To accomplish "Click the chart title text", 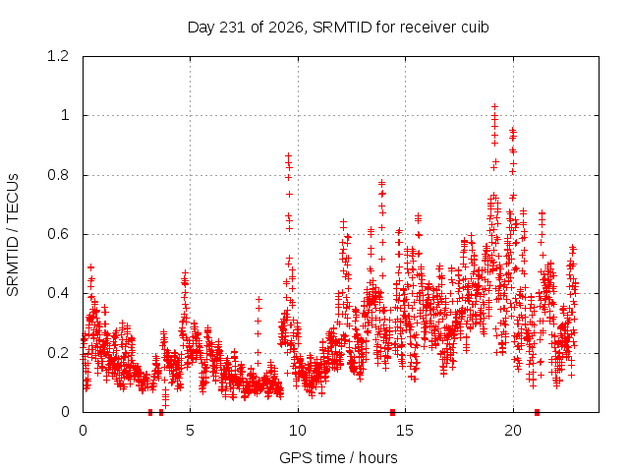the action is tap(338, 28).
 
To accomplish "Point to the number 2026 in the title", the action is tap(286, 28).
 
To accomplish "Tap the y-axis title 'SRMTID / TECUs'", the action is tap(13, 235).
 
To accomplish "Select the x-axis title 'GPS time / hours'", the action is tap(338, 457).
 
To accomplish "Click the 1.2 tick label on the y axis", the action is tap(58, 56).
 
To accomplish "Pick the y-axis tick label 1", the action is tap(65, 116).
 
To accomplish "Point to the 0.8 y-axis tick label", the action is tap(58, 175).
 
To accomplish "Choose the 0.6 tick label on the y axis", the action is tap(58, 234).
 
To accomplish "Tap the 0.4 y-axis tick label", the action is tap(58, 293).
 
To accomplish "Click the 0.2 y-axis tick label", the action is tap(58, 353).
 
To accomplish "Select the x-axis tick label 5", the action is tap(190, 431).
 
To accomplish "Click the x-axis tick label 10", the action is tap(298, 431).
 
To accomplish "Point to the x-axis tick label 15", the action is tap(405, 431).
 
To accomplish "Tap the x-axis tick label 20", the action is tap(513, 431).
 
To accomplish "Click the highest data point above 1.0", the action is tap(494, 107).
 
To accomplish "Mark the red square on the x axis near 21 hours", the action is tap(538, 412).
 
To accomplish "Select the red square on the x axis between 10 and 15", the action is tap(393, 412).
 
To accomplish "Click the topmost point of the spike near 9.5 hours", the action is tap(288, 155).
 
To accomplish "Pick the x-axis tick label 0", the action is tap(83, 431).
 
